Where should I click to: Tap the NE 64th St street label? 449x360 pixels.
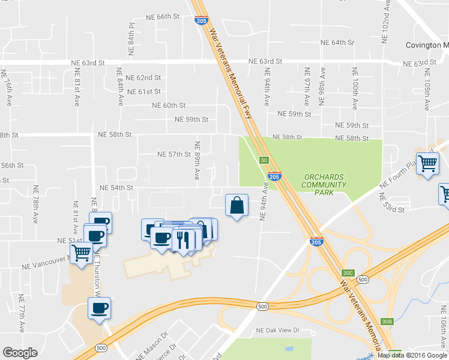coord(338,43)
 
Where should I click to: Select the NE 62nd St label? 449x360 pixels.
coord(144,78)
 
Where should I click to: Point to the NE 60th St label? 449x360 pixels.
coord(170,106)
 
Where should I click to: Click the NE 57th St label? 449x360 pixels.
coord(174,155)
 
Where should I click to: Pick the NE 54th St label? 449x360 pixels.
coord(116,188)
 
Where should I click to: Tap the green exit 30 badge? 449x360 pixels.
coord(264,160)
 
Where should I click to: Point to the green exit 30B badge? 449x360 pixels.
coord(387,322)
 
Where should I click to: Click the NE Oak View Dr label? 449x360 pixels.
coord(277,331)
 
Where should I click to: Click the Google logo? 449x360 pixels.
coord(20,353)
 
